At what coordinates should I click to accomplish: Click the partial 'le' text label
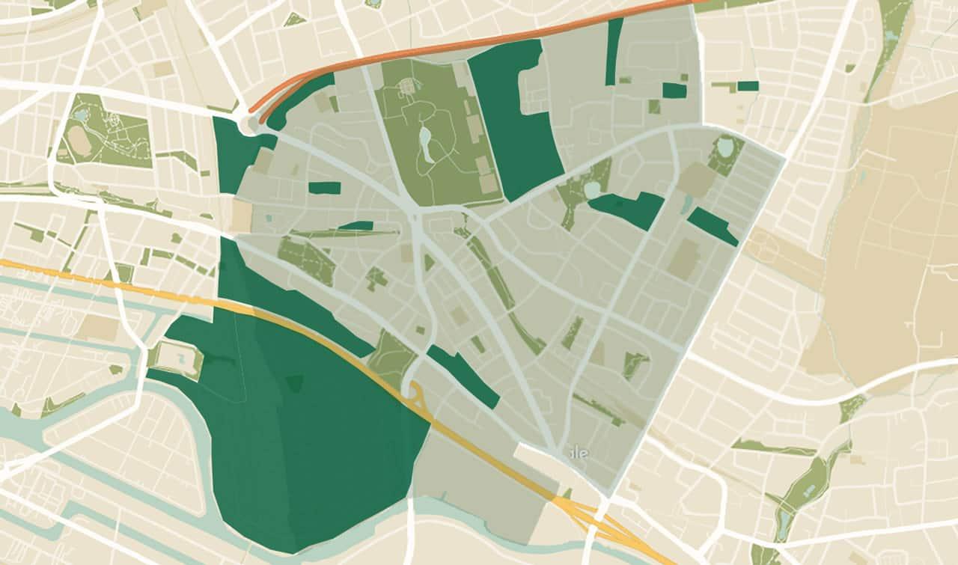579,453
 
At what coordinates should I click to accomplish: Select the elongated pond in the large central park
426,143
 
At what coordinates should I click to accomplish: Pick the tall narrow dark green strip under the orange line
614,51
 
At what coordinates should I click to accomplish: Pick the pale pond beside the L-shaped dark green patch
592,189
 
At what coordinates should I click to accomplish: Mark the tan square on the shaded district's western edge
242,216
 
